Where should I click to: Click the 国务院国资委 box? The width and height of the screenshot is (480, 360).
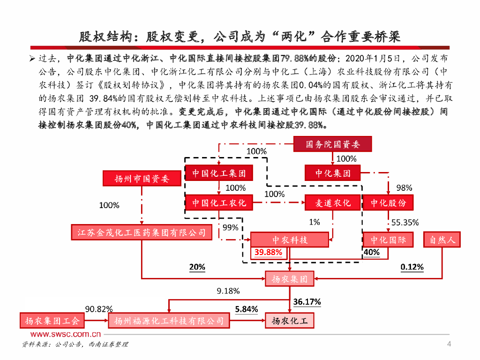[333, 144]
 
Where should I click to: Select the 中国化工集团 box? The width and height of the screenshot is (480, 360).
[219, 173]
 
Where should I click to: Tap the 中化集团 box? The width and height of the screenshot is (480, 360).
[333, 173]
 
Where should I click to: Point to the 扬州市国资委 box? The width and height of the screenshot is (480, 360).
[142, 179]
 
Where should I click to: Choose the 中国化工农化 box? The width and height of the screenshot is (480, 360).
[219, 203]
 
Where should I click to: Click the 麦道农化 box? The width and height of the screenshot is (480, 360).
[333, 203]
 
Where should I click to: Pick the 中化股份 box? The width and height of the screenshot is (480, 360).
[388, 203]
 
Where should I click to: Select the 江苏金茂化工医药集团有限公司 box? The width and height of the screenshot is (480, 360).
[141, 232]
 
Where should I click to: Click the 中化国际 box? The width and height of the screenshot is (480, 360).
[388, 240]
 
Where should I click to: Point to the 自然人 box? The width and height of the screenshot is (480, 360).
[442, 240]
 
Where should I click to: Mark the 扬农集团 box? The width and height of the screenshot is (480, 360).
[290, 279]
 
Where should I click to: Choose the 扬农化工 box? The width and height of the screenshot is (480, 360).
[290, 321]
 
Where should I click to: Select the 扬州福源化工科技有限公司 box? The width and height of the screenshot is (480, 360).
[169, 321]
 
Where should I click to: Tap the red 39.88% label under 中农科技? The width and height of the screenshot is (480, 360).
[269, 252]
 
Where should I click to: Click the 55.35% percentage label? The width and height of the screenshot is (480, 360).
[405, 222]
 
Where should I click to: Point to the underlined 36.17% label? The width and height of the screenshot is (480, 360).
[307, 302]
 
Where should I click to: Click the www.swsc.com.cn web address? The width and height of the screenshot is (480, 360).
[66, 334]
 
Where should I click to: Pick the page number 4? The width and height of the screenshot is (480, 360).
[449, 345]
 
